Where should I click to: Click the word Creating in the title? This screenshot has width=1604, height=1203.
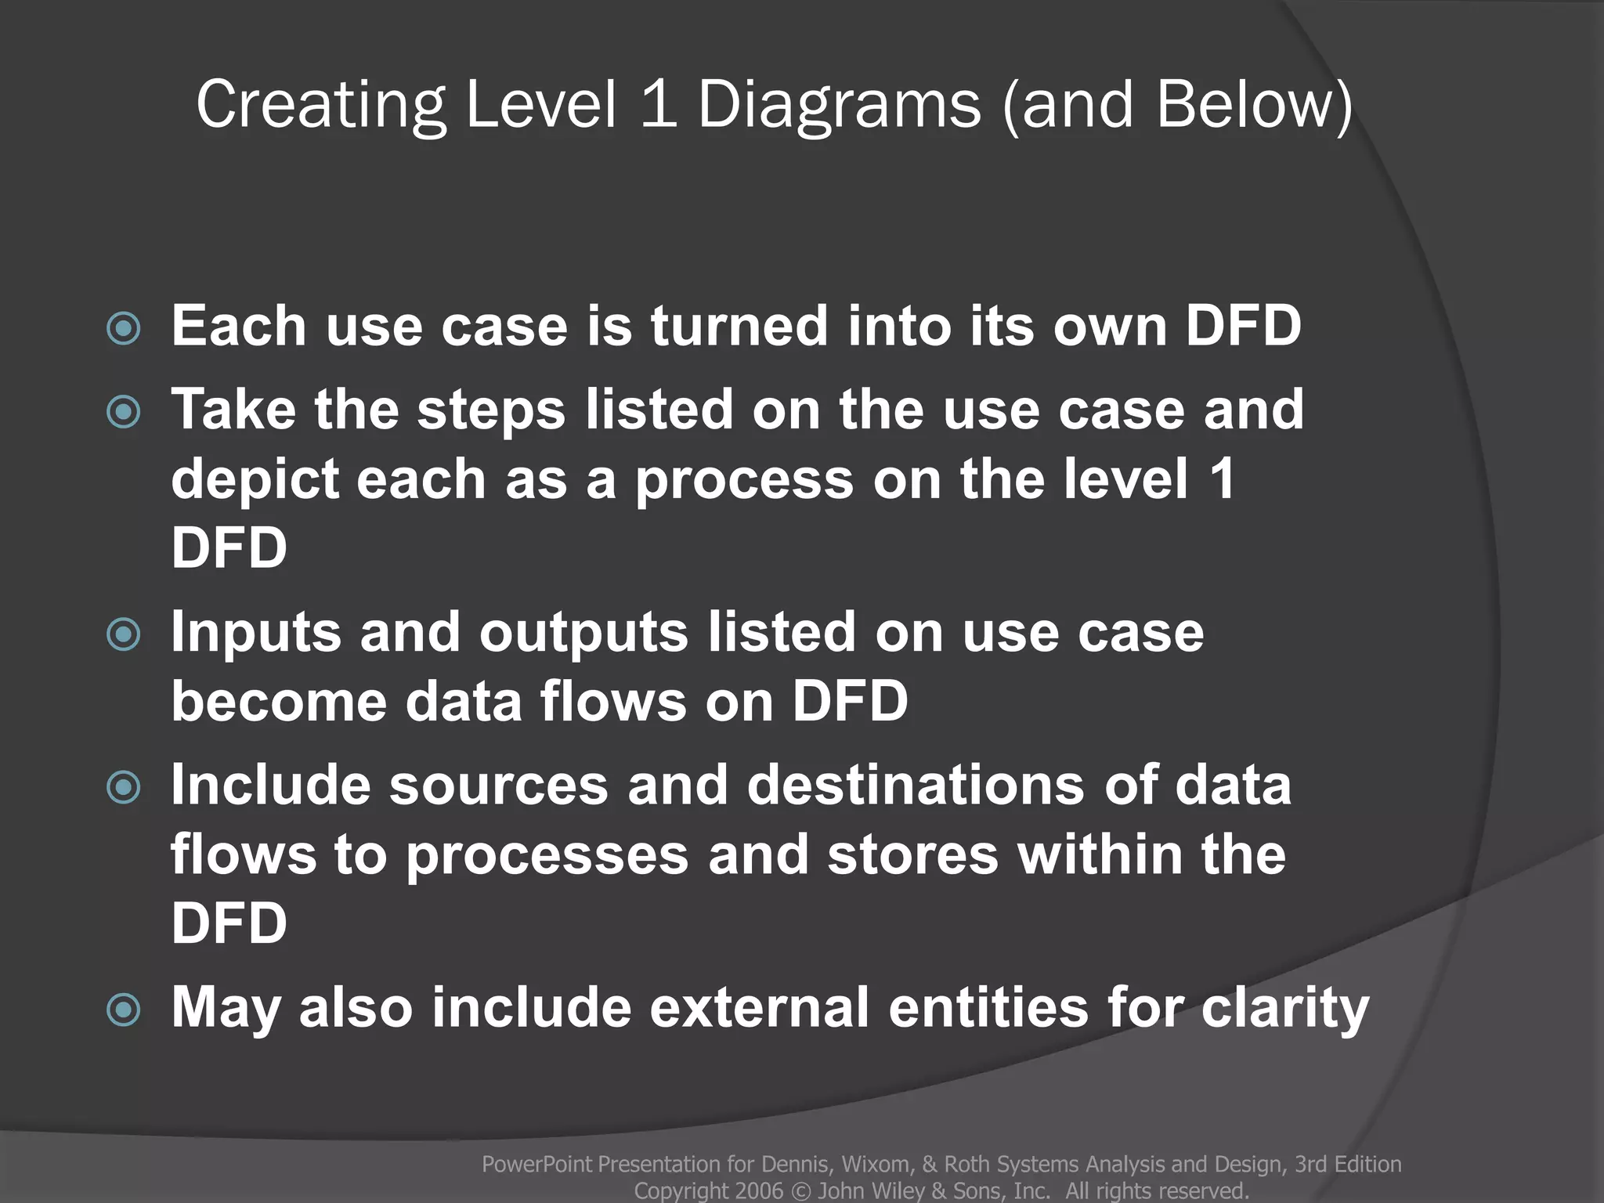320,106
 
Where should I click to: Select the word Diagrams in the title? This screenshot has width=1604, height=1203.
839,106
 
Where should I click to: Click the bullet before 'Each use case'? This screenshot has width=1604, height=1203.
124,328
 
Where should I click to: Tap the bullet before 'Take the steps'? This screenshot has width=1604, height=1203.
124,412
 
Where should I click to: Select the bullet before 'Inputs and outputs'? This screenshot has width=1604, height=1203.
124,634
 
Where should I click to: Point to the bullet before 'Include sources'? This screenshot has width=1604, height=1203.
124,787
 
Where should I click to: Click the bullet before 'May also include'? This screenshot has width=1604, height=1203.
124,1010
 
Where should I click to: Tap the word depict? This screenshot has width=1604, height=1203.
255,479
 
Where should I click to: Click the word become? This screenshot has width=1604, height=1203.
279,701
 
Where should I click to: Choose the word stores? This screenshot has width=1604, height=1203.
912,854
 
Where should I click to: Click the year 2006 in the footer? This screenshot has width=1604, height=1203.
759,1191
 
